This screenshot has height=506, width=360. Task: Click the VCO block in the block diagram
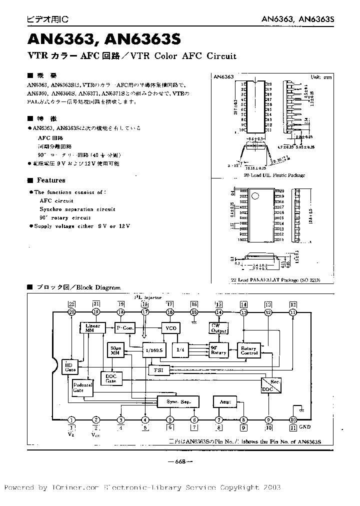click(x=169, y=328)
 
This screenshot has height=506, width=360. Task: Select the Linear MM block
click(x=93, y=328)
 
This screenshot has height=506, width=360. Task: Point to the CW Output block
click(x=218, y=328)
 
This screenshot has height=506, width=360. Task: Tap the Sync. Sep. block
click(x=177, y=401)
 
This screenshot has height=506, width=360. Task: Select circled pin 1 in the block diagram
click(x=72, y=420)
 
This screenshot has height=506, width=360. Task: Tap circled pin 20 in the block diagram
click(x=72, y=312)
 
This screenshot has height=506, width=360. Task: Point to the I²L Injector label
click(x=148, y=297)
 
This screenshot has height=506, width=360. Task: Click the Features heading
click(x=50, y=180)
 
